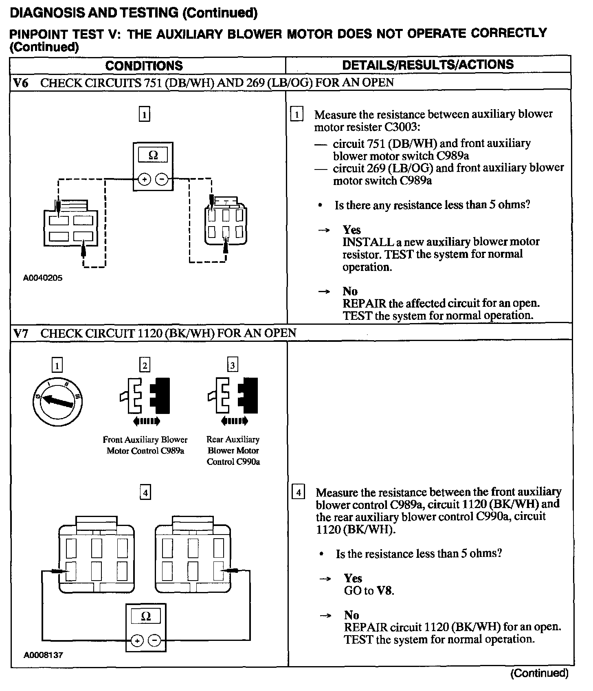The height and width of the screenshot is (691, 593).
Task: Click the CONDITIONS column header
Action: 144,66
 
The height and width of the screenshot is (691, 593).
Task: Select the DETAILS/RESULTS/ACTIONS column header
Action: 428,64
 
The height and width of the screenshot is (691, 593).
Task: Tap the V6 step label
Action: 21,83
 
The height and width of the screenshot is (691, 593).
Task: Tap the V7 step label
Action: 21,333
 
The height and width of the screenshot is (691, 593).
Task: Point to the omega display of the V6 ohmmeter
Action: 153,155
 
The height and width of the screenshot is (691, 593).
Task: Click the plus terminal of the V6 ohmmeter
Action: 145,179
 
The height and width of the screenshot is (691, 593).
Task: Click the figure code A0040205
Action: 43,278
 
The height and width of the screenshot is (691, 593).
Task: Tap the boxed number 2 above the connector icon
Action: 145,365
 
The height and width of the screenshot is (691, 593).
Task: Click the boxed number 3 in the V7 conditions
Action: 232,365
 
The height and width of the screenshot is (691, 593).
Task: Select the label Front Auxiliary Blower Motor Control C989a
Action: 145,445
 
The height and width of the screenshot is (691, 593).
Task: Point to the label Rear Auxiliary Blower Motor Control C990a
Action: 233,451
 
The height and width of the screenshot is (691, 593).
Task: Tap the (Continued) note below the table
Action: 539,673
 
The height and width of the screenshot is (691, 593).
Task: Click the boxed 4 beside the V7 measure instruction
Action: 299,493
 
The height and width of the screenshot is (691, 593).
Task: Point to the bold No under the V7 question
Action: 351,615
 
